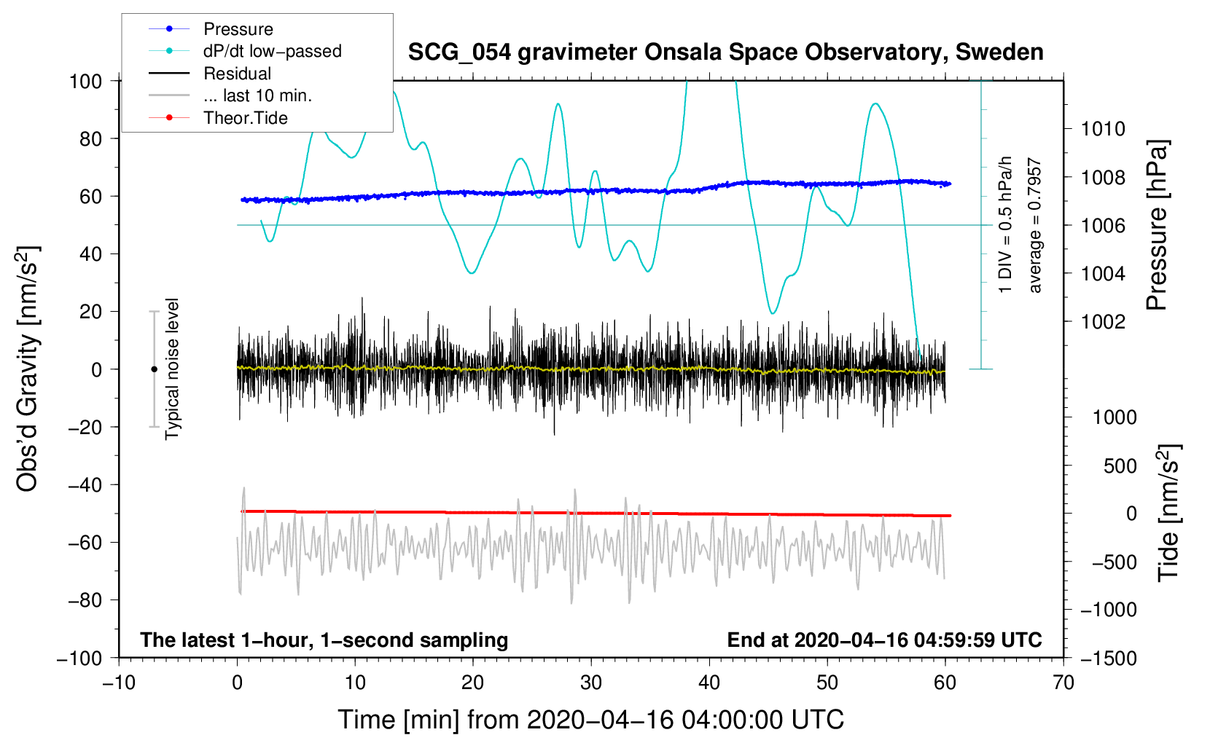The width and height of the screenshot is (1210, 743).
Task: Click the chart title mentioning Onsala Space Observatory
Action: [725, 52]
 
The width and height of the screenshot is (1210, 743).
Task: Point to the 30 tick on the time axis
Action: [591, 683]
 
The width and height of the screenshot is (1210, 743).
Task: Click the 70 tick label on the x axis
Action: [1063, 683]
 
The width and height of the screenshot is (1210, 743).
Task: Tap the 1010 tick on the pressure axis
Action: [1103, 129]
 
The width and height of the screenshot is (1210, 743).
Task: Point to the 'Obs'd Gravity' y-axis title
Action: [28, 369]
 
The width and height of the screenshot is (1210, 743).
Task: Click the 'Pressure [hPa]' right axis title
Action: [1157, 226]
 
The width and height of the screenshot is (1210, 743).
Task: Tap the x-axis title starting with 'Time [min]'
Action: [591, 720]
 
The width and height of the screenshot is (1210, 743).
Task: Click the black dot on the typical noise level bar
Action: [154, 369]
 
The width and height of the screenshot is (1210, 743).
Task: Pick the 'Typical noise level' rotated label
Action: [172, 369]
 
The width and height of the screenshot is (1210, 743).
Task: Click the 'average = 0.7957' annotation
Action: [1035, 226]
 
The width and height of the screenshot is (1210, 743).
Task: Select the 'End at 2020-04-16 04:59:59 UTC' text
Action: [884, 640]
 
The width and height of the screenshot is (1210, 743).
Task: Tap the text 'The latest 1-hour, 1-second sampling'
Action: [324, 640]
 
